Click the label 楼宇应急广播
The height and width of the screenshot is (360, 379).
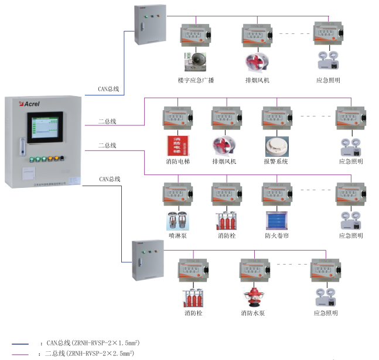pyautogui.click(x=196, y=80)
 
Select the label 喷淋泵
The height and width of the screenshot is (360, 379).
pyautogui.click(x=177, y=236)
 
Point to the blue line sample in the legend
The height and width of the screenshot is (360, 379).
pyautogui.click(x=20, y=344)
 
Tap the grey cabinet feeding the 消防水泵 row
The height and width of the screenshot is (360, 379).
pyautogui.click(x=147, y=262)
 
